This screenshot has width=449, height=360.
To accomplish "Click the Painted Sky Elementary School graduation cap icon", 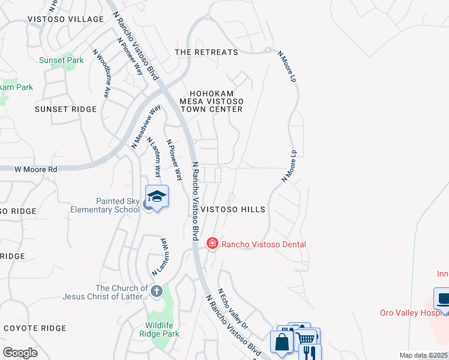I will [x=157, y=197].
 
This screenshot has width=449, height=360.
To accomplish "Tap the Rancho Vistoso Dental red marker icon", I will [x=212, y=244].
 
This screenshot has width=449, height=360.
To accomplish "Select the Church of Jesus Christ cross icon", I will [x=156, y=292].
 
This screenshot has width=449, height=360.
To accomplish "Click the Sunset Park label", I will [x=61, y=61].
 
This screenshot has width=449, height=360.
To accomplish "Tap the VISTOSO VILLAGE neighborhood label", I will [x=65, y=20].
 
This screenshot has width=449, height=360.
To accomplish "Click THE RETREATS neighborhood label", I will [x=206, y=53].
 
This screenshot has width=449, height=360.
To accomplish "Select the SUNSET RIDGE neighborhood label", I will [x=65, y=109].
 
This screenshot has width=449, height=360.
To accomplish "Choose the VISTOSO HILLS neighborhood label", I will [x=232, y=209].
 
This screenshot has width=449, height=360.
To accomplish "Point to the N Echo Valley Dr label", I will [x=233, y=308].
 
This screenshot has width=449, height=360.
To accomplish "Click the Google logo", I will [x=20, y=352].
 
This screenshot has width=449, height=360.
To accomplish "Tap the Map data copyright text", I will [x=423, y=355].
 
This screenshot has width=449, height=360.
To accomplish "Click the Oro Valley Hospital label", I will [x=414, y=313].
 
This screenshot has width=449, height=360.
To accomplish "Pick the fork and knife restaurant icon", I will [x=309, y=352].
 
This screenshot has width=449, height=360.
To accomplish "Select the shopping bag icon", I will [x=282, y=343].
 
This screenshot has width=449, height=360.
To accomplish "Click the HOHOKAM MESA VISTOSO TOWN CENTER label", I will [x=216, y=101].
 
